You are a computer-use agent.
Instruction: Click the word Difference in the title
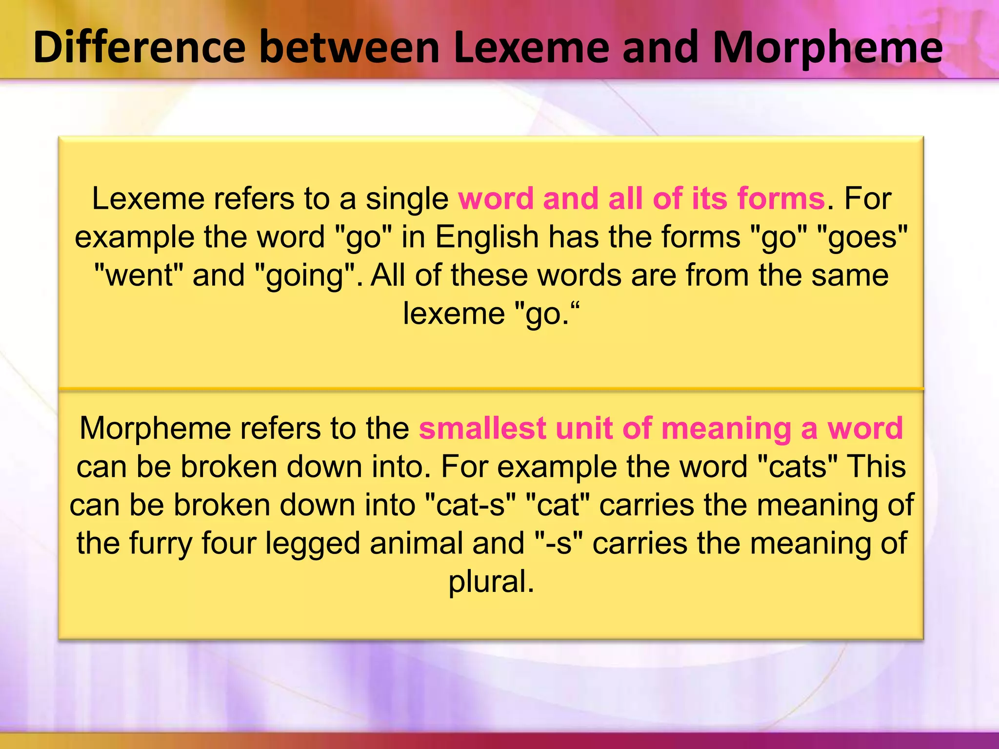click(140, 47)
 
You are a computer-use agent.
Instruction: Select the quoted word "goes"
click(862, 237)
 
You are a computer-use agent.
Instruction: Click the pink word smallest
click(482, 428)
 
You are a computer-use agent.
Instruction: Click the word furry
click(160, 544)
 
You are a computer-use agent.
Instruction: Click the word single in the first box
click(407, 199)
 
